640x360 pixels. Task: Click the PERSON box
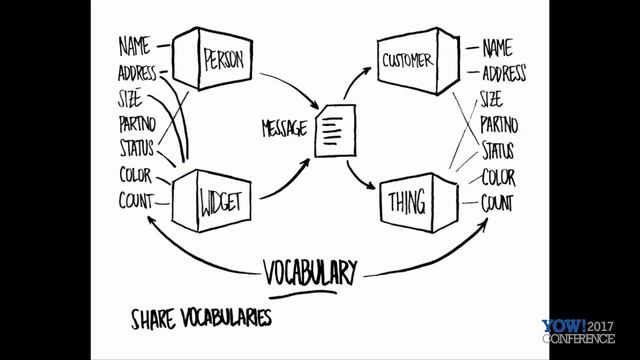(x=216, y=60)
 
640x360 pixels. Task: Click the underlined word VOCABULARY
(x=310, y=270)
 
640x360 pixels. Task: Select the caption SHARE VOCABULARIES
(x=201, y=319)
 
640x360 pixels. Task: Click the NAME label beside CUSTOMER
(x=496, y=48)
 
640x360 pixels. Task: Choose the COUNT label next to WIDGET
(x=136, y=201)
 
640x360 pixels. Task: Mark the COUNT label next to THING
(x=497, y=203)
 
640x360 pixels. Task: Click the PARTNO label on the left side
(x=136, y=124)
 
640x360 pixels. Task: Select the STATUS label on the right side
(x=497, y=152)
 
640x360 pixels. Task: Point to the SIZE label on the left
(x=130, y=98)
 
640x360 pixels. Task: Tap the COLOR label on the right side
(x=498, y=178)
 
